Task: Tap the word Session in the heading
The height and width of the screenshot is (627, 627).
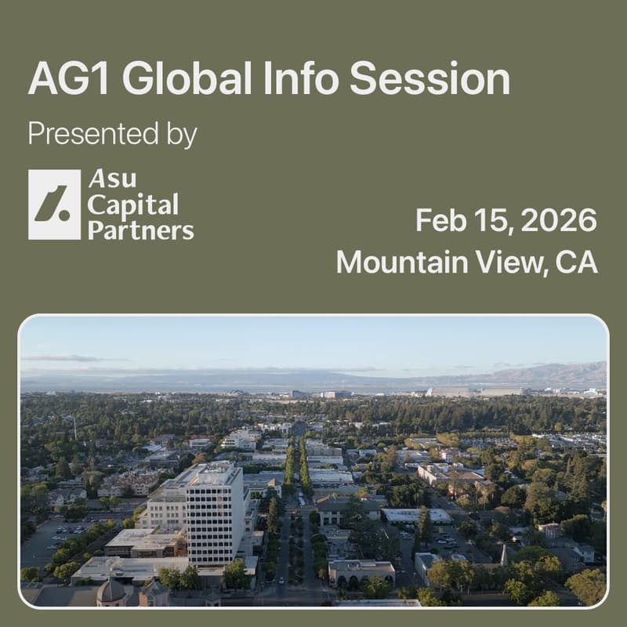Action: click(429, 80)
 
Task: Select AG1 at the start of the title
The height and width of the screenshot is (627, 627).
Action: click(69, 80)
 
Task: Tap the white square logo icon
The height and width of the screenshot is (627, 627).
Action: click(54, 205)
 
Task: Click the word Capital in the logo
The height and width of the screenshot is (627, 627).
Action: click(132, 205)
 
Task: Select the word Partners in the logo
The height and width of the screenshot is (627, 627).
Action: click(140, 230)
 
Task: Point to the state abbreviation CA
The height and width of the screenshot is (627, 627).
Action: click(576, 262)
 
